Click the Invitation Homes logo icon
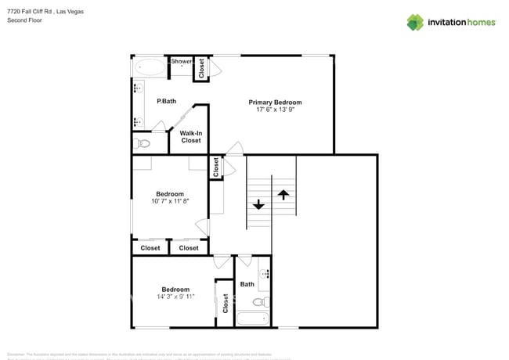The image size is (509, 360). click(x=415, y=22)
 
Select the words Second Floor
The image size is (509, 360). click(x=24, y=20)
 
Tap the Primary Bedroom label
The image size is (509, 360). click(x=275, y=103)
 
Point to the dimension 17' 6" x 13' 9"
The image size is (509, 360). click(x=275, y=110)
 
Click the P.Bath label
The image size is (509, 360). click(x=165, y=101)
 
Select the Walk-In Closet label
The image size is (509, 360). click(x=191, y=137)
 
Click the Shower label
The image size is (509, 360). click(x=182, y=61)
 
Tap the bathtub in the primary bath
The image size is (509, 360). click(x=150, y=67)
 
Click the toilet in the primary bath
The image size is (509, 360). click(x=143, y=143)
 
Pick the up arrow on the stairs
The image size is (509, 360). click(x=283, y=193)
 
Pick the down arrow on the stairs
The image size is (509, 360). click(x=258, y=204)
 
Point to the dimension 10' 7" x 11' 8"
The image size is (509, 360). click(x=170, y=202)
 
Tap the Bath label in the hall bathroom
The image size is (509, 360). click(x=247, y=284)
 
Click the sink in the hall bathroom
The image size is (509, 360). click(x=265, y=275)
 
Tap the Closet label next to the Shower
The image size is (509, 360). click(x=201, y=68)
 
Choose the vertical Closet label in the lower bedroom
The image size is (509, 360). click(x=226, y=303)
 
